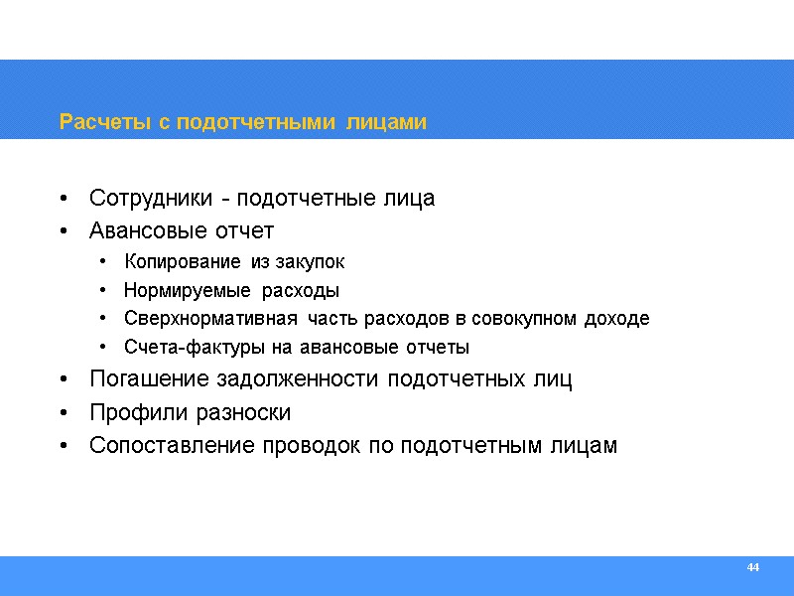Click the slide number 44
[752, 567]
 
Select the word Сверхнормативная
[210, 320]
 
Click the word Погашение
[143, 380]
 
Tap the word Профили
[131, 413]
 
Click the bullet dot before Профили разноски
[65, 413]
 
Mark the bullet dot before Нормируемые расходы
[104, 292]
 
